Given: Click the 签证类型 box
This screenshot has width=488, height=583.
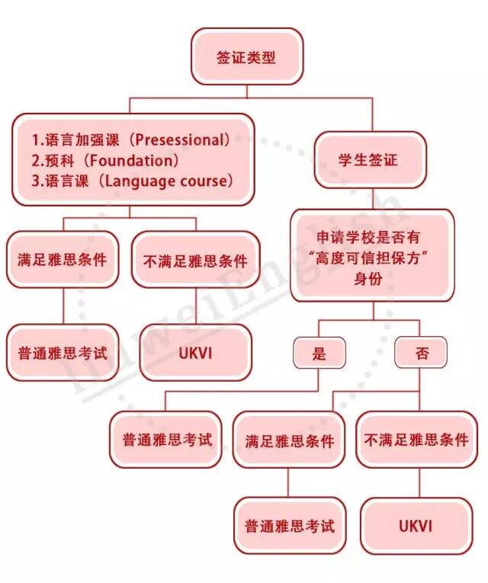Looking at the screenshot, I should pos(246,56).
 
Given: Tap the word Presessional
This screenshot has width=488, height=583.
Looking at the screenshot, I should pos(182,139).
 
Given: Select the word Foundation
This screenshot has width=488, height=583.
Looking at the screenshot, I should pos(132,160).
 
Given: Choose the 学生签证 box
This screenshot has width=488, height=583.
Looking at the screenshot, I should pos(369,160).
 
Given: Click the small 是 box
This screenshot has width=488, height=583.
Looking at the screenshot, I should pos(319,353).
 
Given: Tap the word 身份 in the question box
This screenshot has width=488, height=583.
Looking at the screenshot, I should pos(369,278).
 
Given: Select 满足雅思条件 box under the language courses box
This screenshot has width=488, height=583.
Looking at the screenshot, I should pos(63,259).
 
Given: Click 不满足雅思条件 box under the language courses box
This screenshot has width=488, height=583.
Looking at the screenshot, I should pos(195,259).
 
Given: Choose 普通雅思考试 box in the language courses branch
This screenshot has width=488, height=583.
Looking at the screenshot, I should pos(63,353).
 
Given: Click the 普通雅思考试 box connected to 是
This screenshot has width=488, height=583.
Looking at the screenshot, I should pos(166,440).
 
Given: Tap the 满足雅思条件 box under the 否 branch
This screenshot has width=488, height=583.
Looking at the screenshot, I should pos(289,440).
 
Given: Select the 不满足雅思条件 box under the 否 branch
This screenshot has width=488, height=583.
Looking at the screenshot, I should pos(416,440).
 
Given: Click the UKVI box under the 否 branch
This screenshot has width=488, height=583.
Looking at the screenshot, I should pos(416,526).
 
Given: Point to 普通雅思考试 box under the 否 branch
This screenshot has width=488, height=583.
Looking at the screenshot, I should pos(289,526).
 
